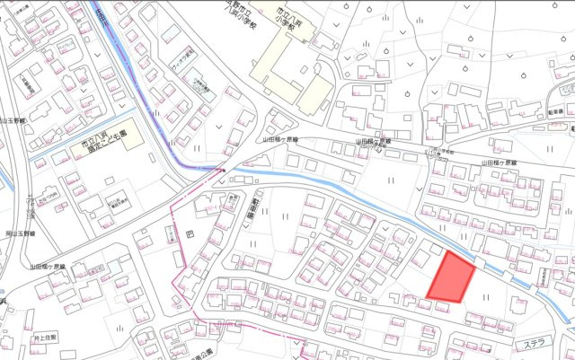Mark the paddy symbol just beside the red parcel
coord(484,294)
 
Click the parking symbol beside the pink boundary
coord(189,234)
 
